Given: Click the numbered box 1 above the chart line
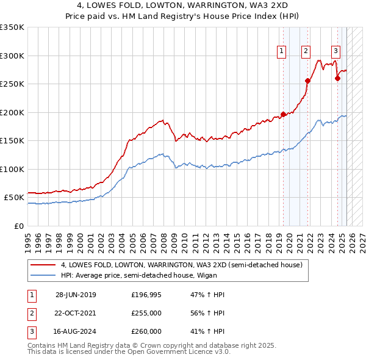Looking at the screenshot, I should (282, 51).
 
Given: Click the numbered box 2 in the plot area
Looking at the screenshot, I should (306, 51).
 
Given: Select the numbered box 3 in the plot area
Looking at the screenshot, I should (336, 51).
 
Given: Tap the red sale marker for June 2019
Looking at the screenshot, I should (283, 114).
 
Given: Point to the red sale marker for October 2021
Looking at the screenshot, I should (307, 81).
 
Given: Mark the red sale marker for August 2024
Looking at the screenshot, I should (337, 78).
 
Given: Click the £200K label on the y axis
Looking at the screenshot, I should (12, 112).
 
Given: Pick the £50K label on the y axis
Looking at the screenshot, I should (15, 198).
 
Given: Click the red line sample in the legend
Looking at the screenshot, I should (43, 265).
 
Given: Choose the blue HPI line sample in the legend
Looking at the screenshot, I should (43, 275).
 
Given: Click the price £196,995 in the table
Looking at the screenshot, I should (146, 295).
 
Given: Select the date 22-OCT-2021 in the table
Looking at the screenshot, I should (76, 313).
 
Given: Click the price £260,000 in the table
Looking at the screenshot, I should (146, 331).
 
